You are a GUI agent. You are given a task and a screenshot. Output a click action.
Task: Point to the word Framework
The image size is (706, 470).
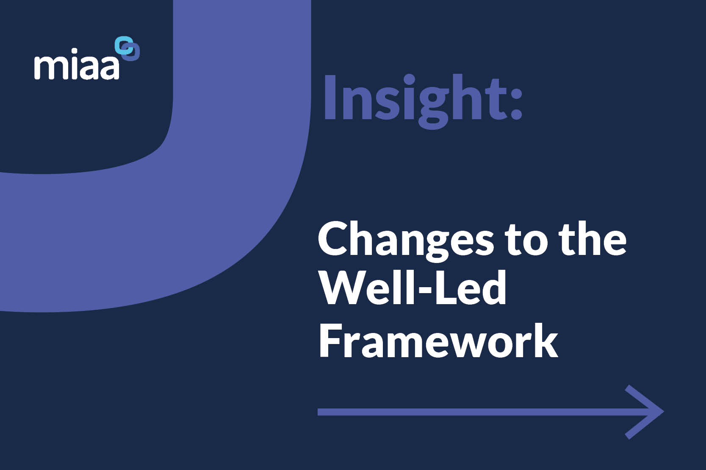click(x=438, y=341)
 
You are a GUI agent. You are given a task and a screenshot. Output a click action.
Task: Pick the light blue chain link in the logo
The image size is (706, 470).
click(x=123, y=45)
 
